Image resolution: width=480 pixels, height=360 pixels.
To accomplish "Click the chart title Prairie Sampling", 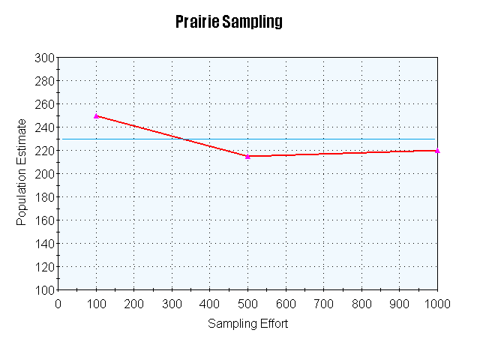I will [x=229, y=21].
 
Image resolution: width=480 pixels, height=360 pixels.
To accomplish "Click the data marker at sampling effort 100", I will [x=96, y=115].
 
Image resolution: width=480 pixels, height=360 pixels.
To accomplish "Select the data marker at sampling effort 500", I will [x=247, y=156].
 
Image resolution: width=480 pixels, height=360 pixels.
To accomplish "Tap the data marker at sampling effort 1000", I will [x=437, y=151].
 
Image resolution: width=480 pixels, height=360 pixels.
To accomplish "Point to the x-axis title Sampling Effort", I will [x=247, y=324].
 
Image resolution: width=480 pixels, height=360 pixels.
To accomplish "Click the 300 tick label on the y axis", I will [x=44, y=58].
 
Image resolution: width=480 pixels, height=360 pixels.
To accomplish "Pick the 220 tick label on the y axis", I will [x=44, y=151].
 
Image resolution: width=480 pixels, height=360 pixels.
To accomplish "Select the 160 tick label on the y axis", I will [x=44, y=220].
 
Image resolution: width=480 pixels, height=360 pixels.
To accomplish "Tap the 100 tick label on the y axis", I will [x=44, y=290].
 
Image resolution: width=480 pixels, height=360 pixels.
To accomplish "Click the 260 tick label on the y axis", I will [x=44, y=104].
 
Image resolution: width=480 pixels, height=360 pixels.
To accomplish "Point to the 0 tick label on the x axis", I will [x=58, y=304].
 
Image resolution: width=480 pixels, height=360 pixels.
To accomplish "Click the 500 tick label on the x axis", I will [x=247, y=304].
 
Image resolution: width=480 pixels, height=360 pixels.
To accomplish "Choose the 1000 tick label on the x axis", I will [x=437, y=304].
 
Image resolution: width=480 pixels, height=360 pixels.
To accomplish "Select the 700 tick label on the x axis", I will [x=323, y=304].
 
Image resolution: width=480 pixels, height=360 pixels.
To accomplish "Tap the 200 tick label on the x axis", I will [x=133, y=304].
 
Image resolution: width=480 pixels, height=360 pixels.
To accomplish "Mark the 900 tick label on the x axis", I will [x=399, y=304].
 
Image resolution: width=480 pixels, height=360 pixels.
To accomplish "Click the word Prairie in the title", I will [x=198, y=21].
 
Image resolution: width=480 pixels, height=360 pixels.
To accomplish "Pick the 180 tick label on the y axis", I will [x=44, y=197].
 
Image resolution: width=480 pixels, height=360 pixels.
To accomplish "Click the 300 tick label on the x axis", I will [x=172, y=304].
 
